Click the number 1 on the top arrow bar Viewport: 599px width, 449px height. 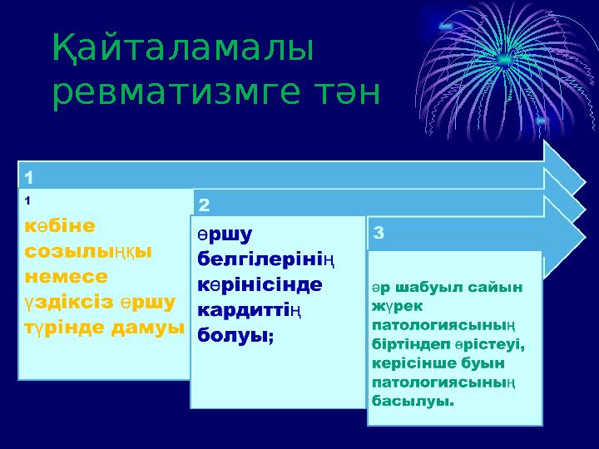click(x=29, y=177)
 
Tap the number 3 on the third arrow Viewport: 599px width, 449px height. click(x=379, y=234)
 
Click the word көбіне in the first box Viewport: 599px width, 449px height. click(x=60, y=226)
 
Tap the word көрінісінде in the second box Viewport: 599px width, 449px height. click(x=260, y=284)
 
